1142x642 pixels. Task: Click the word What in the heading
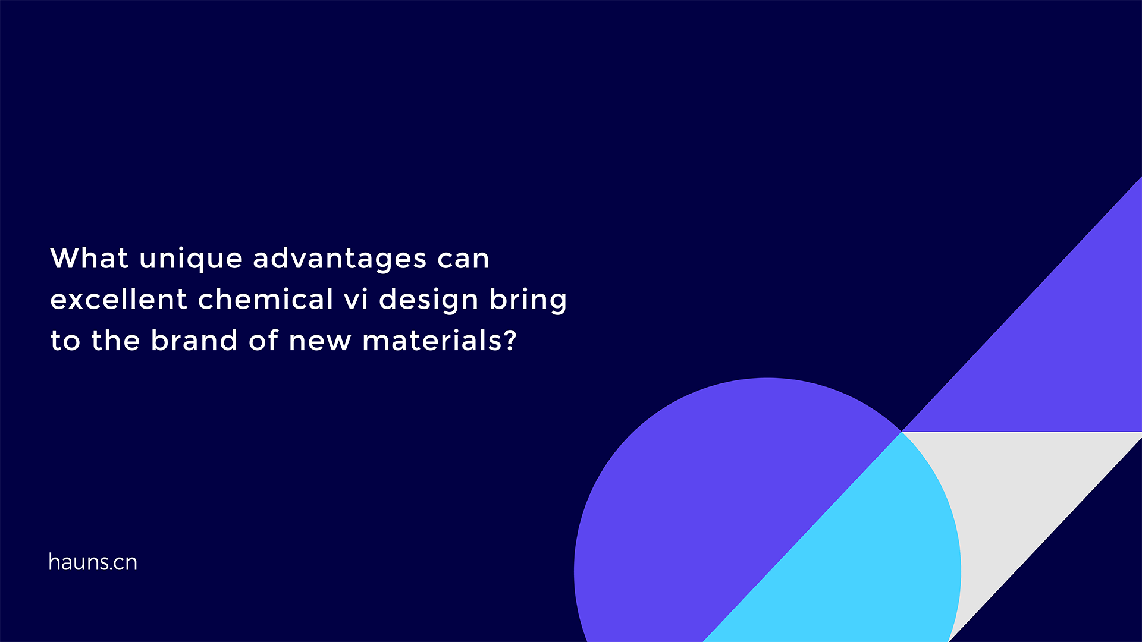pyautogui.click(x=89, y=259)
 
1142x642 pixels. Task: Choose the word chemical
pyautogui.click(x=265, y=299)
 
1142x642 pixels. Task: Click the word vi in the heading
pyautogui.click(x=356, y=299)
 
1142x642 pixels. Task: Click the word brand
pyautogui.click(x=194, y=341)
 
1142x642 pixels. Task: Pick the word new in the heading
pyautogui.click(x=319, y=341)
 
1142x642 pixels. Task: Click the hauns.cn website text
pyautogui.click(x=93, y=562)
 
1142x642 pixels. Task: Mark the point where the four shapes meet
pyautogui.click(x=902, y=432)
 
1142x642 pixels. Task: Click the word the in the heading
pyautogui.click(x=115, y=341)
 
